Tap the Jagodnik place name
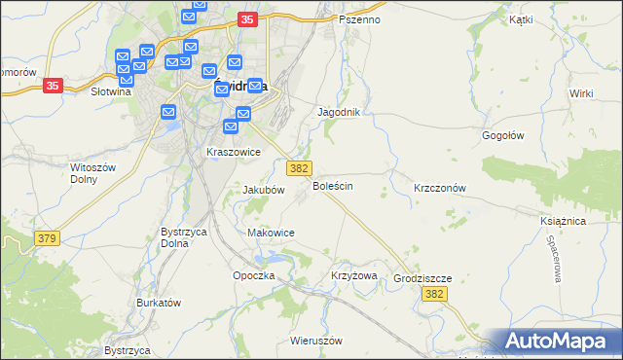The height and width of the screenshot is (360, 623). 340,113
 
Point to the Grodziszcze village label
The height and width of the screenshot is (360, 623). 422,278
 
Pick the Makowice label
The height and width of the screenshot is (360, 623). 272,234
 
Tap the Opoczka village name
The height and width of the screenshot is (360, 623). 255,276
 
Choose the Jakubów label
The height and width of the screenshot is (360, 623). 263,191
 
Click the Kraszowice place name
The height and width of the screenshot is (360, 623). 234,153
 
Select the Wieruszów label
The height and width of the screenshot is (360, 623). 317,342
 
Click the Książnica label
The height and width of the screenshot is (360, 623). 562,222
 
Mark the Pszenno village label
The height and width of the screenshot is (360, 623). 360,19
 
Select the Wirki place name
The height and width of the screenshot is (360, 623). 582,92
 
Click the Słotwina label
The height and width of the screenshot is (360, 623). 110,92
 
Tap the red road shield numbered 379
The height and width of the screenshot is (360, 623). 45,238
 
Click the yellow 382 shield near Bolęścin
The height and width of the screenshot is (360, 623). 300,168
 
